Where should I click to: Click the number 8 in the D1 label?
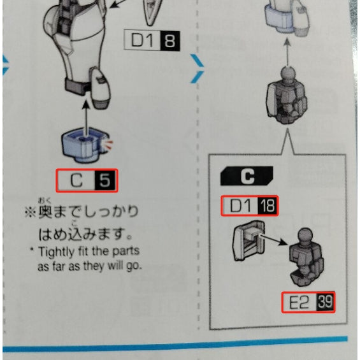[x=170, y=41]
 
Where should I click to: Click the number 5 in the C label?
[x=104, y=180]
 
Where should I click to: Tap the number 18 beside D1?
[x=267, y=205]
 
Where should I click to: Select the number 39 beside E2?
[x=324, y=302]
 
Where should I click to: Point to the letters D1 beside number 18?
[x=240, y=206]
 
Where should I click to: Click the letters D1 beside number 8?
[x=141, y=40]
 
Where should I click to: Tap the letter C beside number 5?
[x=76, y=180]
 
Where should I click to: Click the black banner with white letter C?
[x=247, y=176]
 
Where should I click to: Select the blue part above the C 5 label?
[x=85, y=145]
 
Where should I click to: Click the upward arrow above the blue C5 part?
[x=86, y=118]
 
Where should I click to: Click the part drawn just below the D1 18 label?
[x=249, y=240]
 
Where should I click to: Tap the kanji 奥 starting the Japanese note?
[x=45, y=212]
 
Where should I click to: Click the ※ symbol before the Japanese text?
[x=31, y=212]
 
